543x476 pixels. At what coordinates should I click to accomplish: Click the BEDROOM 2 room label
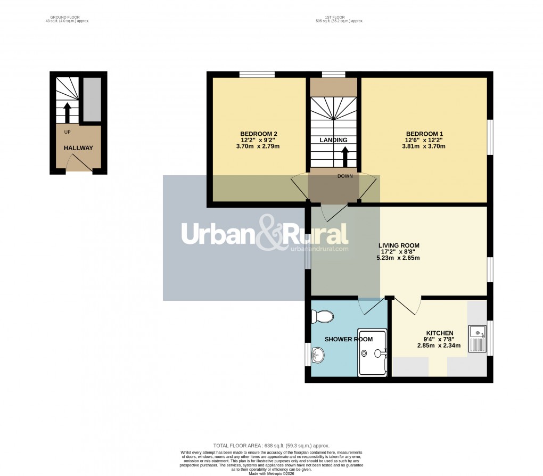point(259,134)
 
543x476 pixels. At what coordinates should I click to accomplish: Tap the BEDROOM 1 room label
point(424,134)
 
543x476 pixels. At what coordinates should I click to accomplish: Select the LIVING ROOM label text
point(399,245)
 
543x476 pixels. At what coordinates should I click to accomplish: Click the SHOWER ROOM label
point(349,339)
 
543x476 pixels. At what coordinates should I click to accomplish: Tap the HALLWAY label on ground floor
point(78,148)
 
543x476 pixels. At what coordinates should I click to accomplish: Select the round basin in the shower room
point(317,355)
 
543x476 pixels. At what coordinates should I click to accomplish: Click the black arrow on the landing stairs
point(345,157)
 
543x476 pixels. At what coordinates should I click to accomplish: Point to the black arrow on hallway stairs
point(67,112)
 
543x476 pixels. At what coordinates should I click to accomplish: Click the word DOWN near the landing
point(344,176)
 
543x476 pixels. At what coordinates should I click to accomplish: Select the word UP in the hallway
point(67,132)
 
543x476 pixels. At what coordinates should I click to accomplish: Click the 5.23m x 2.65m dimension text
point(399,258)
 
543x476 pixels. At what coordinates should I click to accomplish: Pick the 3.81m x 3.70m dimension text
point(424,146)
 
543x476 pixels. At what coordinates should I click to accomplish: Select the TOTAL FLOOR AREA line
point(271,446)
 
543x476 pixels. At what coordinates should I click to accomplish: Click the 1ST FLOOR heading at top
point(339,18)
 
